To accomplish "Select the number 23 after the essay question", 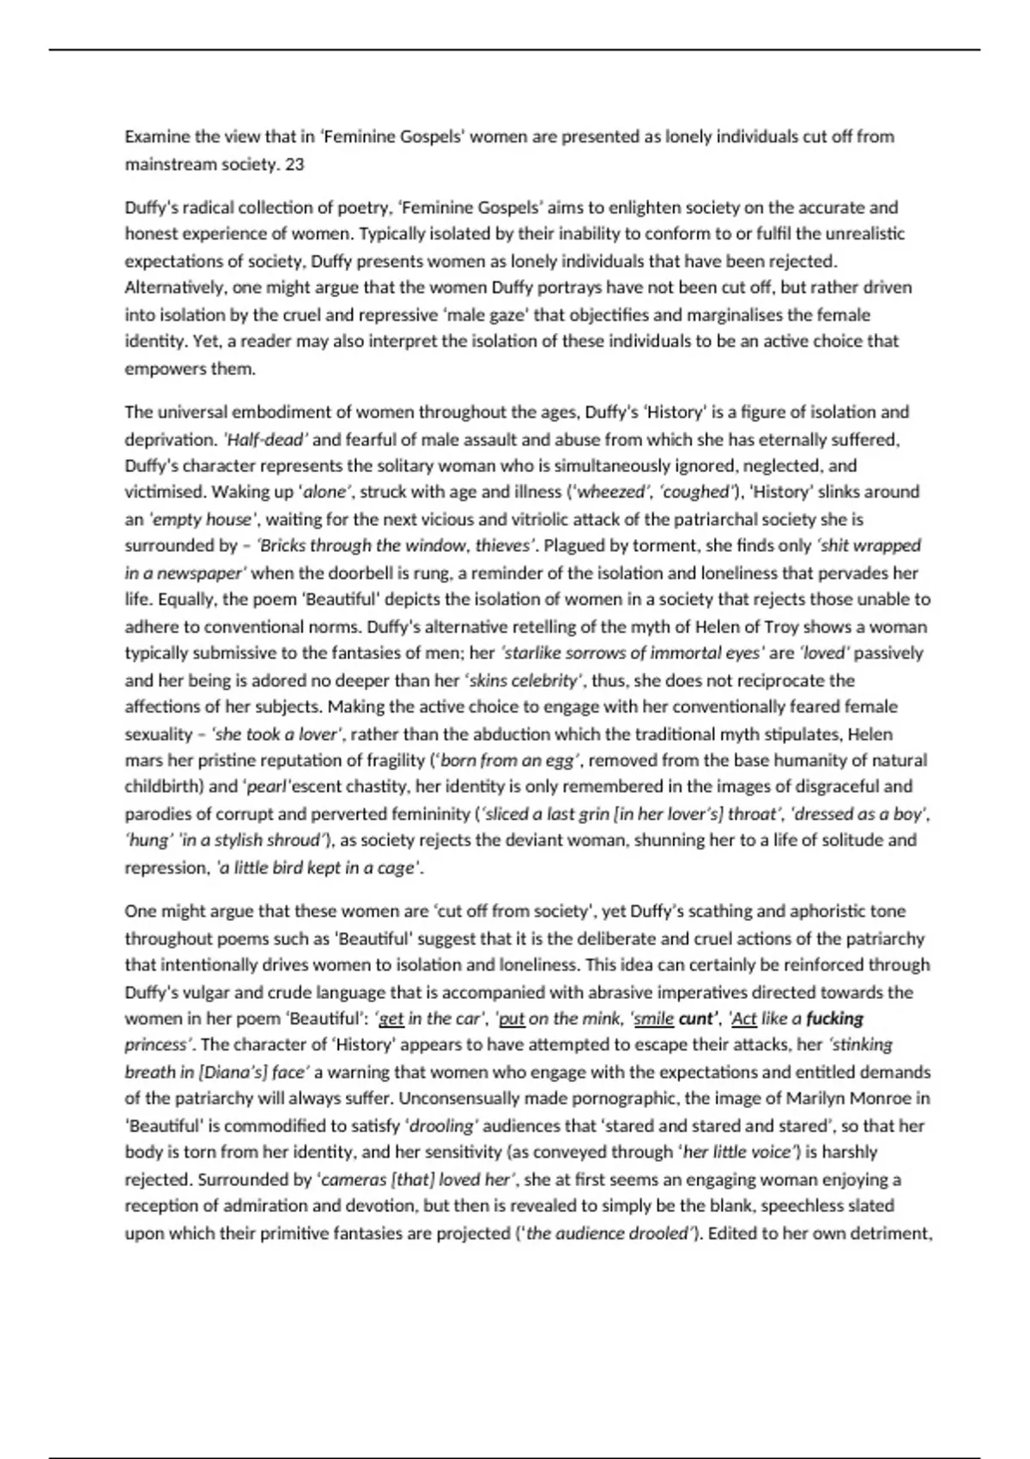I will click(x=294, y=164).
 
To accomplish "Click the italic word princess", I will click(x=156, y=1044).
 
